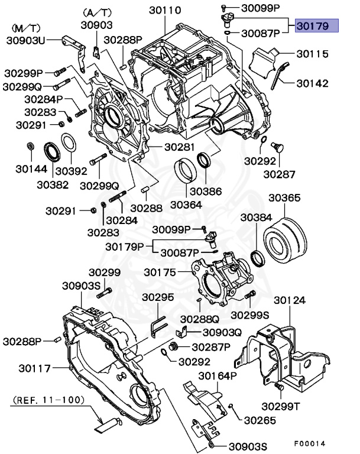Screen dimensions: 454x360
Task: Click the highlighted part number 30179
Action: pos(316,27)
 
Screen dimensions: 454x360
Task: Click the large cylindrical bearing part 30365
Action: pos(286,239)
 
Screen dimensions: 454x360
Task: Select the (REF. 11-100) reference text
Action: pos(47,400)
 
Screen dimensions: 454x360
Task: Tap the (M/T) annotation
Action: pos(26,28)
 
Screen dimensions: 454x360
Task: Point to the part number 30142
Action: pos(313,83)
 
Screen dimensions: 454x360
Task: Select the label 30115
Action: pos(312,54)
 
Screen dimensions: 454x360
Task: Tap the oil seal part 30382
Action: pos(50,151)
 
